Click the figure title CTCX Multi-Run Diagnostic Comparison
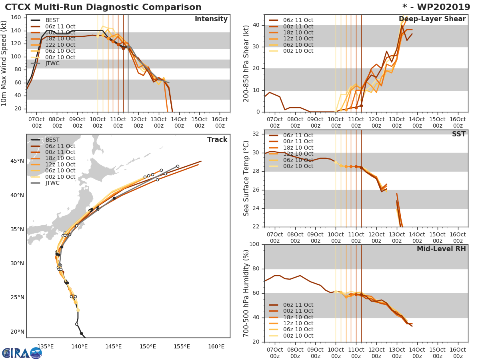tap(103, 7)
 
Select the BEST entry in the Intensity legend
tap(52, 20)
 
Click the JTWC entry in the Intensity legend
tap(52, 63)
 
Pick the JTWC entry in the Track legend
tap(52, 183)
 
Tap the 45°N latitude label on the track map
tap(17, 161)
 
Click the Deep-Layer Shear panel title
tap(432, 19)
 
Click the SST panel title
tap(458, 134)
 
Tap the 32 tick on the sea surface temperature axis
tap(256, 134)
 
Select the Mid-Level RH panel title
tap(441, 249)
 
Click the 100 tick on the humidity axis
tap(254, 244)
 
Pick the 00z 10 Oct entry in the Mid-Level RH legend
tap(298, 336)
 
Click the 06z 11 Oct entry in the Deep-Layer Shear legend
tap(298, 20)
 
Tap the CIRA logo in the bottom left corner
tap(22, 353)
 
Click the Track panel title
tap(217, 140)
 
